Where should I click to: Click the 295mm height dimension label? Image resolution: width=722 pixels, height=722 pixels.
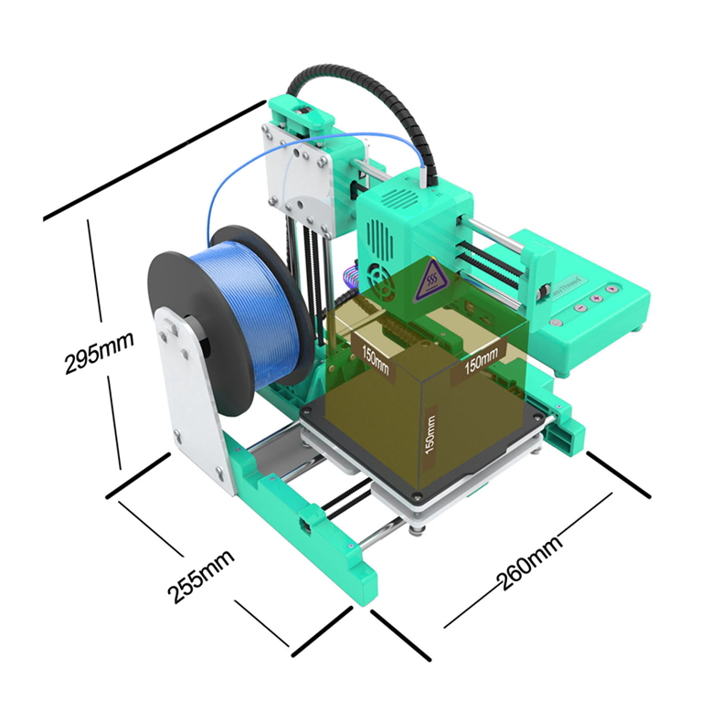point(99,352)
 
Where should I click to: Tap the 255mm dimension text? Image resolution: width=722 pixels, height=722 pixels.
point(201,576)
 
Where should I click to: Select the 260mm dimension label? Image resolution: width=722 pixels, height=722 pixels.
point(529,563)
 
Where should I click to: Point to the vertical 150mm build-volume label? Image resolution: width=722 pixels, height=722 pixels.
point(430,435)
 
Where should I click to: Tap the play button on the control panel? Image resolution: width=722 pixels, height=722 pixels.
point(611,289)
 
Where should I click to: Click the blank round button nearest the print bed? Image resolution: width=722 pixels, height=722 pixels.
point(557,323)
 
